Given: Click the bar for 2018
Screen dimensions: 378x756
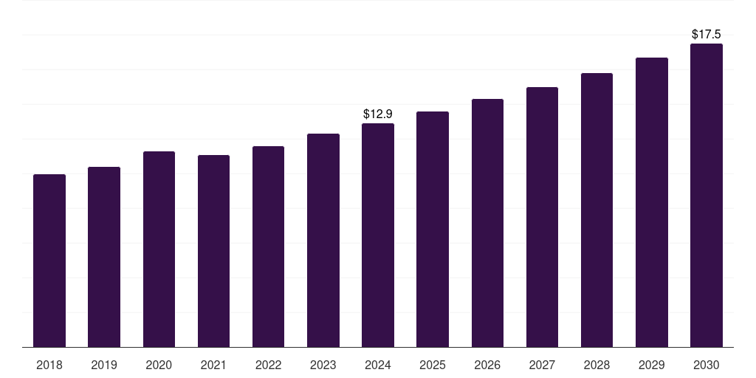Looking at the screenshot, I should (49, 261).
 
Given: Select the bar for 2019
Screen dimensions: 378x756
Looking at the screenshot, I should (104, 257).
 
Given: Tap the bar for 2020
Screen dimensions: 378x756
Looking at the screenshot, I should (159, 249).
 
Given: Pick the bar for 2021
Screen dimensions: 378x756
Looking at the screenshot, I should (213, 251).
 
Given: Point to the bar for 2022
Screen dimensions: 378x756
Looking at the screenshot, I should (268, 247).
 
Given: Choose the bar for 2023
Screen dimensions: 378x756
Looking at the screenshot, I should (323, 240).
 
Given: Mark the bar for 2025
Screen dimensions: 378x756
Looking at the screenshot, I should (433, 229).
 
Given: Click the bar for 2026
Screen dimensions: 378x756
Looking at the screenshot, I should (487, 223).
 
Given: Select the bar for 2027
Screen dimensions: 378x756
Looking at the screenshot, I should (542, 217).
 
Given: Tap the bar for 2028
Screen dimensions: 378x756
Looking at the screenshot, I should (597, 210).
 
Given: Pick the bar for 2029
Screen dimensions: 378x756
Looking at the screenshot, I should (652, 202).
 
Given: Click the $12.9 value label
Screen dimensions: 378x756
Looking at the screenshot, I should (378, 114).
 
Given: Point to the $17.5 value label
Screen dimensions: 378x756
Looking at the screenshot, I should (707, 35).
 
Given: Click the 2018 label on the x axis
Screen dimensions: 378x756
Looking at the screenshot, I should (49, 365).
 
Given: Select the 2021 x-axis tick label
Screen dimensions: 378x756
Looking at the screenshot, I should (213, 365).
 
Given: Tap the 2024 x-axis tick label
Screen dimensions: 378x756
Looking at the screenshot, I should (378, 365).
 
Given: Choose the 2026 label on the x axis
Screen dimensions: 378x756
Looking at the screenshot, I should (487, 365).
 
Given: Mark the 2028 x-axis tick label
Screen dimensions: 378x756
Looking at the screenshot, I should (597, 365).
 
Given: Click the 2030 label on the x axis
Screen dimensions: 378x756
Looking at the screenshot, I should (707, 365).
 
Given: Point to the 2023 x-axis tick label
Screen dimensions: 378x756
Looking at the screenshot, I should (323, 365).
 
